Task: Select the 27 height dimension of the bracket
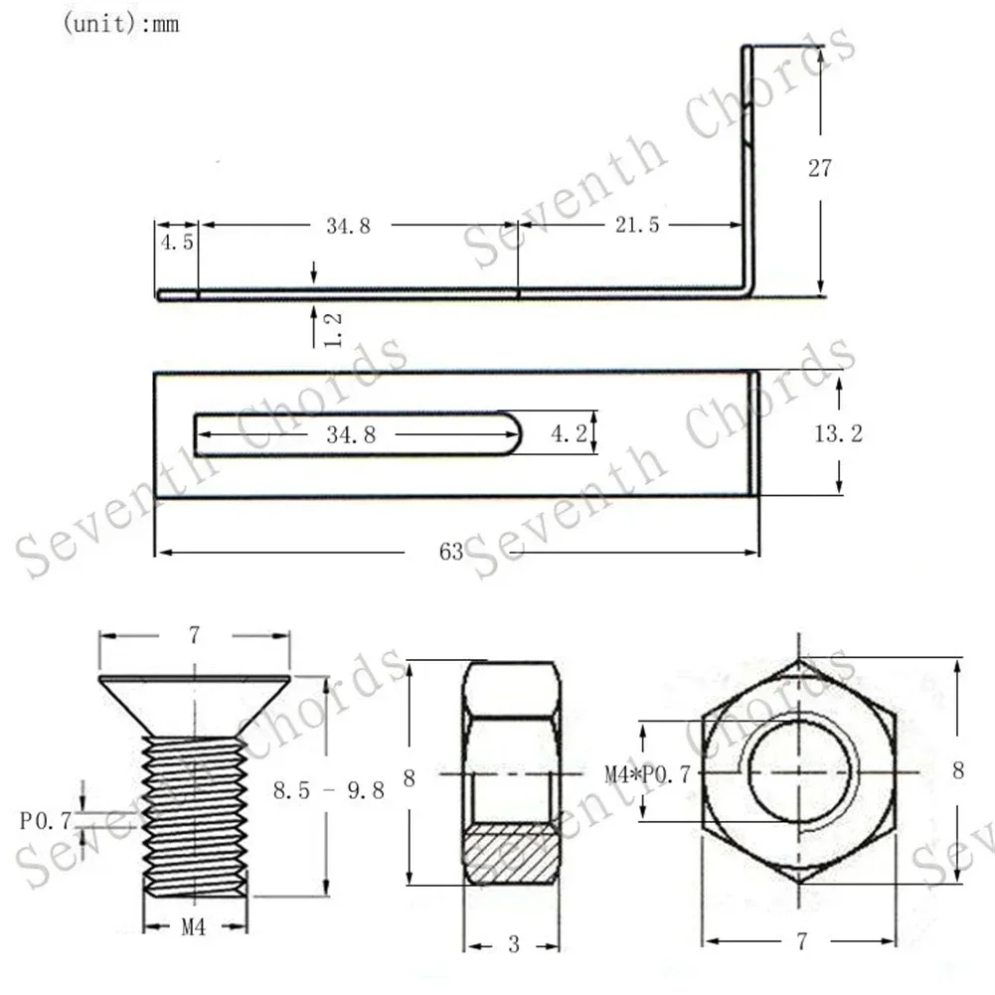click(819, 168)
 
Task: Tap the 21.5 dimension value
click(637, 226)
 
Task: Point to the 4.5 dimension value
click(176, 244)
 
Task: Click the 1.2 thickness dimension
click(334, 330)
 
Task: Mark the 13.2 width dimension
click(839, 433)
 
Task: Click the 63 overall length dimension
click(451, 552)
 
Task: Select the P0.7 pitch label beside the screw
click(45, 821)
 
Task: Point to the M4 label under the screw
click(194, 927)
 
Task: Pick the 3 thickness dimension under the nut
click(513, 944)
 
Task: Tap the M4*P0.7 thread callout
click(647, 772)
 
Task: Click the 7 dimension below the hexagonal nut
click(801, 939)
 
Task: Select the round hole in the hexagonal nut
click(799, 772)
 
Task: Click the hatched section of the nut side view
click(513, 853)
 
